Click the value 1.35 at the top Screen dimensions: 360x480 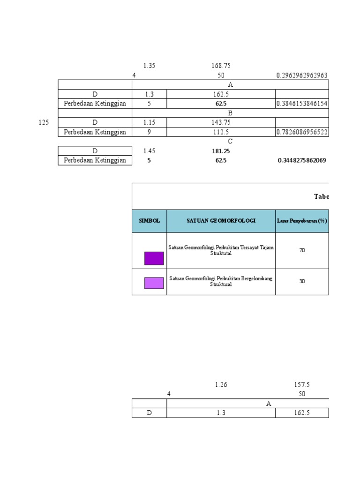pos(149,66)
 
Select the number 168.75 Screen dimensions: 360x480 pos(221,66)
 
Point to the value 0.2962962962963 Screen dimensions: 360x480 pos(302,75)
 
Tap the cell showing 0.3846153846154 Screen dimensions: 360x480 pos(302,104)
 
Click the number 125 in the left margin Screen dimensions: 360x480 pos(44,122)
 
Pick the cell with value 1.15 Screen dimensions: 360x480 pos(149,122)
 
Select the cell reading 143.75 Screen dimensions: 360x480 pos(221,122)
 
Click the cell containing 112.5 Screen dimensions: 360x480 pos(221,132)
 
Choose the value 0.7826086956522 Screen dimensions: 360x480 pos(302,132)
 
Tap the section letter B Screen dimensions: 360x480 pos(230,113)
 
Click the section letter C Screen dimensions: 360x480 pos(230,141)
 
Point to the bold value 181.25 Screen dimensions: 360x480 pos(221,151)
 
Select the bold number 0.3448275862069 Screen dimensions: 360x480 pos(302,161)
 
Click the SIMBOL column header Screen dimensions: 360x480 pos(149,220)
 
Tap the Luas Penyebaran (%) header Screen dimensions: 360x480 pos(302,220)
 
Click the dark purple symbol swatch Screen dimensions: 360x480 pos(154,258)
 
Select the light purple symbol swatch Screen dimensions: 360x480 pos(154,283)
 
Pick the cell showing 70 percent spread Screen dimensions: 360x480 pos(302,250)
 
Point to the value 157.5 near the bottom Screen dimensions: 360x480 pos(302,385)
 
